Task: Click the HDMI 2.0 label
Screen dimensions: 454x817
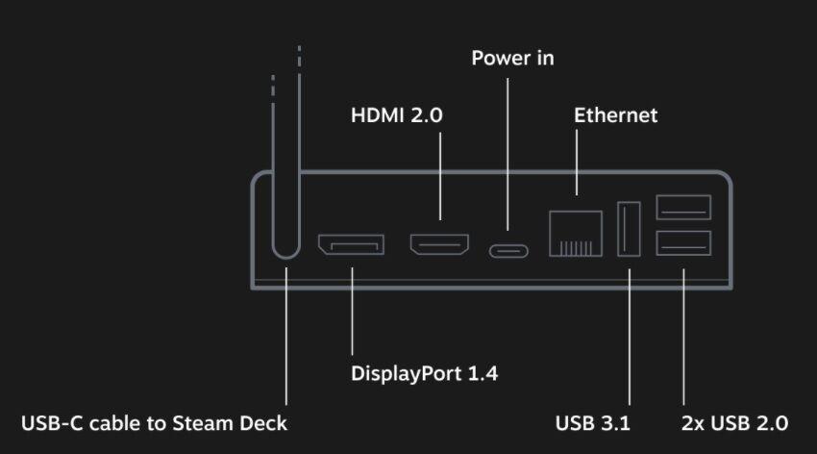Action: (396, 115)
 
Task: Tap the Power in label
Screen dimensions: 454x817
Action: (512, 59)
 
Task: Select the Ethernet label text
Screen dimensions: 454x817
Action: (615, 115)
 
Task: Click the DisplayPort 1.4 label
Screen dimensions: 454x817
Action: (424, 373)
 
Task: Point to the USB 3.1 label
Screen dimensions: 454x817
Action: (589, 423)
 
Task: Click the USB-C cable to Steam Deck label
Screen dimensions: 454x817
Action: (154, 423)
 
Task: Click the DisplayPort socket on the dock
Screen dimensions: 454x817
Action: (352, 245)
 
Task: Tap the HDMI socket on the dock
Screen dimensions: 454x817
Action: (439, 245)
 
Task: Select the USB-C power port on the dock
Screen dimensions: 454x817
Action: (508, 251)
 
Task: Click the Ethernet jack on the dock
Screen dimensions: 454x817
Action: (575, 233)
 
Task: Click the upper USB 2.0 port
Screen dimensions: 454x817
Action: (683, 208)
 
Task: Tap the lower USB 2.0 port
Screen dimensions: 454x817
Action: (683, 243)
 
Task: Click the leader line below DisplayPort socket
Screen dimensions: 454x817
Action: (352, 308)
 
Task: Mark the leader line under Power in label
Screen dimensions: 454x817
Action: (508, 154)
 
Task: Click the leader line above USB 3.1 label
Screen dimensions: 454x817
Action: (630, 337)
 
